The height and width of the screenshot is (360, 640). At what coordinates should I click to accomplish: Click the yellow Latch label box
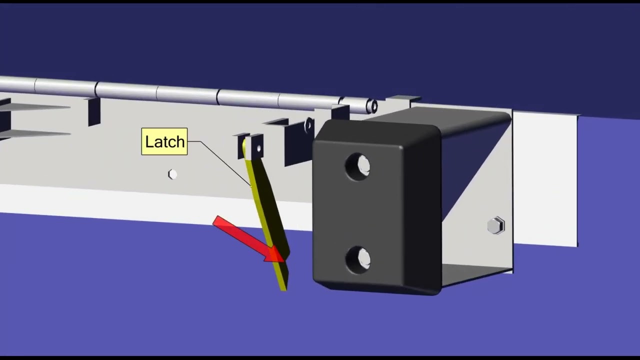pos(164,141)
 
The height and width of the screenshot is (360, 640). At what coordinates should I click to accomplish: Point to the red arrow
pos(249,239)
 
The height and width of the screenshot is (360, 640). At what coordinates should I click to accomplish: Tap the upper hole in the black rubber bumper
pos(357,167)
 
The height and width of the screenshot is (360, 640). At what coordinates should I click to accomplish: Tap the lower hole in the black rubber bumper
pos(358,260)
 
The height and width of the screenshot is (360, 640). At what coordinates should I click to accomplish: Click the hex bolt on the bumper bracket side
pos(495,225)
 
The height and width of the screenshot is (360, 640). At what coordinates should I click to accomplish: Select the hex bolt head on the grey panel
pos(172,174)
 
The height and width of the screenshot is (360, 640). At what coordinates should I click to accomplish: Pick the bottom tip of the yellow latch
pos(283,290)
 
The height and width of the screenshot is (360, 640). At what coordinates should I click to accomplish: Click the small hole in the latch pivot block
pos(259,148)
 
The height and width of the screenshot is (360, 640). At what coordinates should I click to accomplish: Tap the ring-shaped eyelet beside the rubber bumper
pos(308,125)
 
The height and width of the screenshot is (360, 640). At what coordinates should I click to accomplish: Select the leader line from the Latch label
pos(219,163)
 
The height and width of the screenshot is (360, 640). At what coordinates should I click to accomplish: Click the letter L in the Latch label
pos(149,141)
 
